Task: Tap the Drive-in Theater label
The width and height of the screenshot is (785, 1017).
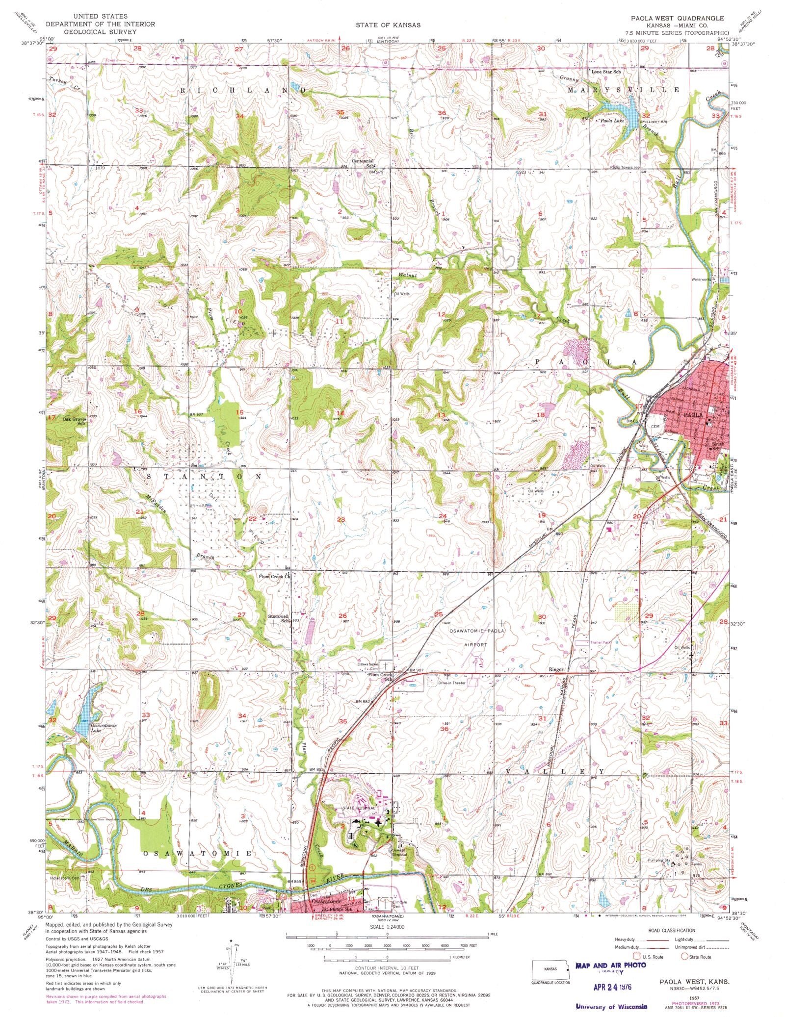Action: (451, 683)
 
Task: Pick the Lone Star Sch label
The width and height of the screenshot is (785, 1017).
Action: (605, 72)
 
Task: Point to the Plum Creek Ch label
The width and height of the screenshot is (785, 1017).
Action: (275, 577)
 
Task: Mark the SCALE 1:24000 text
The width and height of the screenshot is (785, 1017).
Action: (387, 927)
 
